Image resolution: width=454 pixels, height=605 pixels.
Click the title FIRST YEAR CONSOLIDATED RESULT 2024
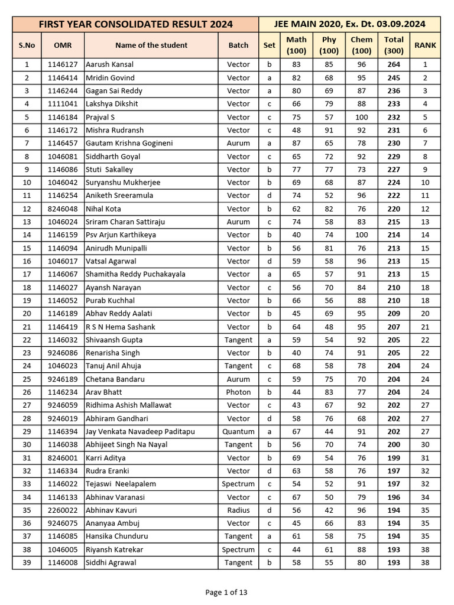point(135,24)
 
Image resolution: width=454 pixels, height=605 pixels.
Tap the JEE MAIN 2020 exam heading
point(349,24)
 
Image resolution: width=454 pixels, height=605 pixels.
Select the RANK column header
point(425,45)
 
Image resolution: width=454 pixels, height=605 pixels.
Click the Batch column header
point(238,45)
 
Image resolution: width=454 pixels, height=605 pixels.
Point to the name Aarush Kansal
point(110,64)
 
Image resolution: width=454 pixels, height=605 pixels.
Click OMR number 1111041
point(63,104)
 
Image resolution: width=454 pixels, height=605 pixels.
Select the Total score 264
point(394,64)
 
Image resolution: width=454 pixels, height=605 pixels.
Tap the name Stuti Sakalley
point(109,170)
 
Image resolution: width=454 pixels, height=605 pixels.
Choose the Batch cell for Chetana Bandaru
point(238,379)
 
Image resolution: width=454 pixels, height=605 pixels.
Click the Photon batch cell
point(238,392)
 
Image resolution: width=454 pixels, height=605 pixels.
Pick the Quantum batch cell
point(238,432)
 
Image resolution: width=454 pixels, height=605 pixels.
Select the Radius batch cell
point(238,510)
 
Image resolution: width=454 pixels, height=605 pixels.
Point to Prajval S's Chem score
point(361,117)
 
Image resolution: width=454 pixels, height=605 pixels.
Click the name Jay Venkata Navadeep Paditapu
point(140,432)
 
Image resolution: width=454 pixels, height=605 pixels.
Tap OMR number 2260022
point(63,510)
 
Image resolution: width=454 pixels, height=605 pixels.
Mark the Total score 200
point(394,445)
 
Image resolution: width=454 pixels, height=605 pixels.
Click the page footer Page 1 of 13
point(226,593)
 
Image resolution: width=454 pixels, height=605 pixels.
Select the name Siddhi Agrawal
point(111,563)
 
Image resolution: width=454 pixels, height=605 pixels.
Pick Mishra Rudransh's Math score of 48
point(296,130)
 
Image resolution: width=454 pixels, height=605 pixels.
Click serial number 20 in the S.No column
point(27,314)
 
